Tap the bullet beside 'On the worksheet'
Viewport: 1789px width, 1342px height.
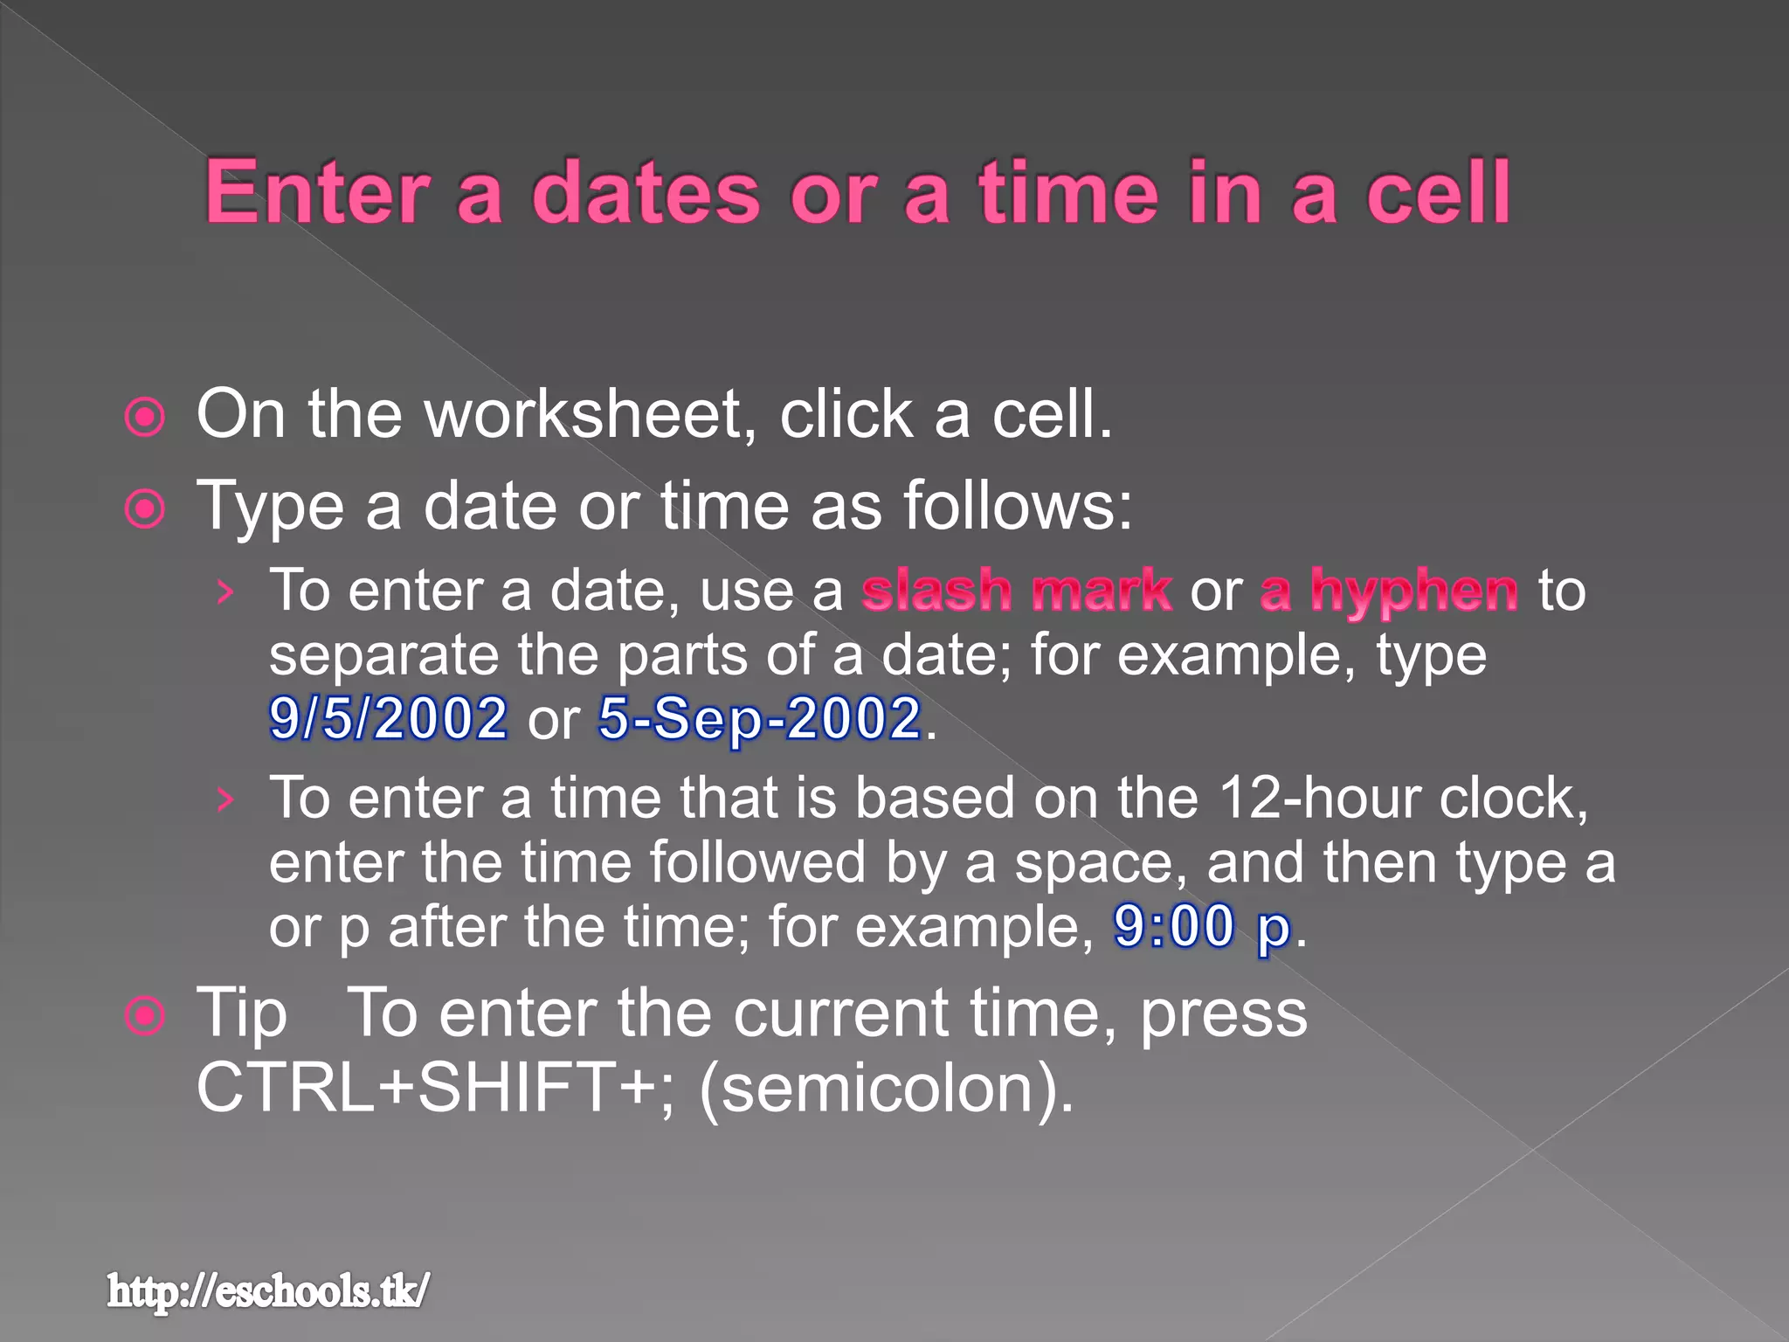coord(145,417)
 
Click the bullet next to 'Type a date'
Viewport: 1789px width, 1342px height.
coord(145,508)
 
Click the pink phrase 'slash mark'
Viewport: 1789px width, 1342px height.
coord(1016,591)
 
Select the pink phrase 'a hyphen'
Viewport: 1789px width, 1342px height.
coord(1388,591)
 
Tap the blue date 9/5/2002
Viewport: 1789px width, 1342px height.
coord(388,718)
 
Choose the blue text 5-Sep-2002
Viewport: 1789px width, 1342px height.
coord(760,718)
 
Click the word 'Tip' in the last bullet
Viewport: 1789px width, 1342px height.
coord(241,1013)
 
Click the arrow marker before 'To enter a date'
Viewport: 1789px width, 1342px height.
coord(225,593)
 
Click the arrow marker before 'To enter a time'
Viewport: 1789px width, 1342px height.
coord(225,799)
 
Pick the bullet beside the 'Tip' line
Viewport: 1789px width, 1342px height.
coord(145,1016)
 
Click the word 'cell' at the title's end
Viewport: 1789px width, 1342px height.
coord(1438,193)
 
